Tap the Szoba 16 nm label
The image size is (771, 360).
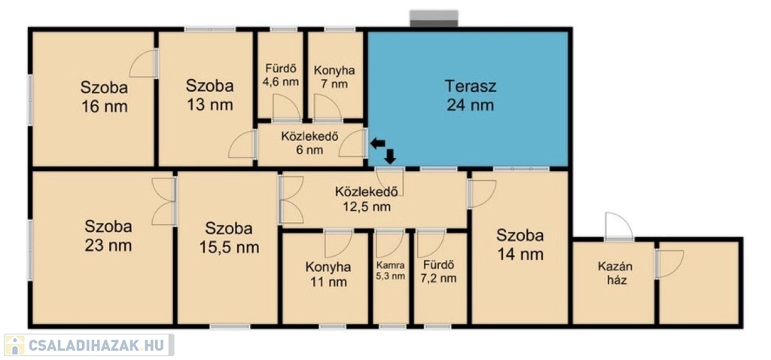coord(104,97)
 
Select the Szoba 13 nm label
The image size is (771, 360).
coord(209,95)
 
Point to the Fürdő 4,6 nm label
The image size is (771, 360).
coord(280,75)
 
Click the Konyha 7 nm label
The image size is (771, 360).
coord(334,77)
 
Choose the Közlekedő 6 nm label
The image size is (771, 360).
coord(309,143)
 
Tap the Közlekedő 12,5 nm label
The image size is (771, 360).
coord(367,198)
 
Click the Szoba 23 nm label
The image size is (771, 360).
coord(108,236)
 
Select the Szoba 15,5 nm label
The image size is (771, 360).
coord(229,237)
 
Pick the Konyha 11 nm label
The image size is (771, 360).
coord(328,274)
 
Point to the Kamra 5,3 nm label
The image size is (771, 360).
coord(392,270)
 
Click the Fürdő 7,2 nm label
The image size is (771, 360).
coord(439,271)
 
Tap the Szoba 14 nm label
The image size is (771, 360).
coord(520,245)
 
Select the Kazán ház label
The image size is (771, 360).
coord(615,274)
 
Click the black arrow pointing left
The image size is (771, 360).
coord(378,144)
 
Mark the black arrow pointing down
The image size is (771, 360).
coord(391,156)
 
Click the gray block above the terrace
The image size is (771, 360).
coord(434,19)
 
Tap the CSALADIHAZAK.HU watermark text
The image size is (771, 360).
coord(98,345)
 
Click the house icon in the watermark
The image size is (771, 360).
coord(15,345)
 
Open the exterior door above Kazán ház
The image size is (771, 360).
coord(619,227)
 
